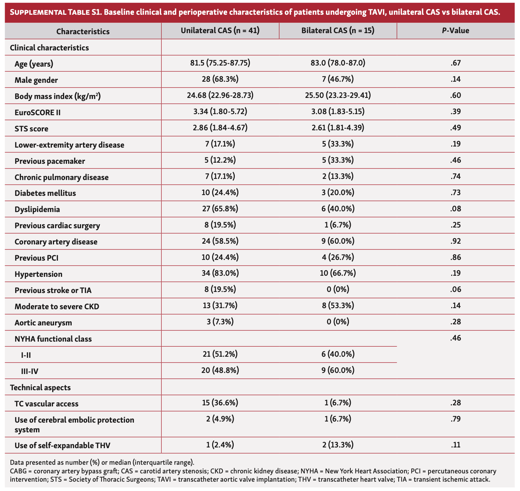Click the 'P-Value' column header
click(x=456, y=31)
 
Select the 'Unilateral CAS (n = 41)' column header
click(x=220, y=31)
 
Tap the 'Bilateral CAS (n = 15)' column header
click(x=338, y=31)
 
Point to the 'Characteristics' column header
click(x=83, y=31)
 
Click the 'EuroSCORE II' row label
click(x=37, y=112)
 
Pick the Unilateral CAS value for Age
click(x=220, y=63)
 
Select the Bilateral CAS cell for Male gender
click(x=338, y=80)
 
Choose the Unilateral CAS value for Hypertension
click(x=220, y=274)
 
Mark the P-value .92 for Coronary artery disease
click(x=456, y=241)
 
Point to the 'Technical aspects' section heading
click(x=40, y=387)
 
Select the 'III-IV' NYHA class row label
click(x=29, y=371)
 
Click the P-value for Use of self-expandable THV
click(x=456, y=445)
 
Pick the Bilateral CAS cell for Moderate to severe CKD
click(x=338, y=306)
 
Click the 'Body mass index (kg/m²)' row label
click(x=58, y=96)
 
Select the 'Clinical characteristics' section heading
click(x=49, y=48)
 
